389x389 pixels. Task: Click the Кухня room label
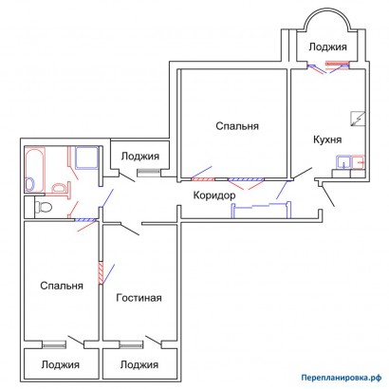[x=327, y=139]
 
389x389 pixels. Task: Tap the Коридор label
[x=214, y=195]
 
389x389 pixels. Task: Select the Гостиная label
[x=139, y=298]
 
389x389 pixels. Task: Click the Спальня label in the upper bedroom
[x=237, y=126]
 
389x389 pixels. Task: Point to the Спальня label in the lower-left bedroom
[x=62, y=286]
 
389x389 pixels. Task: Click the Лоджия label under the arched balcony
[x=327, y=46]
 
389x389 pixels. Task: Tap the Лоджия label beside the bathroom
[x=140, y=156]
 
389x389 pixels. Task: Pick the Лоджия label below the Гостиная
[x=139, y=364]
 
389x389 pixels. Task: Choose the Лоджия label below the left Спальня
[x=60, y=364]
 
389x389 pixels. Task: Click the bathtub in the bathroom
[x=35, y=170]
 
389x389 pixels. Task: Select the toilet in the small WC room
[x=43, y=207]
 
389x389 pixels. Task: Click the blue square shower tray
[x=86, y=157]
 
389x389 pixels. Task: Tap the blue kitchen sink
[x=343, y=162]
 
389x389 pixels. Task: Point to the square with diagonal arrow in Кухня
[x=358, y=119]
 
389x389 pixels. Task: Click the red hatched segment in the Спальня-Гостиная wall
[x=101, y=273]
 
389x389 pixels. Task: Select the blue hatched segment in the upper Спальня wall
[x=246, y=179]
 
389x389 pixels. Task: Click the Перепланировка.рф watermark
[x=341, y=378]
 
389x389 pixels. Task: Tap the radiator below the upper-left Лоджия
[x=149, y=173]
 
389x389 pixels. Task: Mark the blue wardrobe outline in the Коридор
[x=261, y=210]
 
